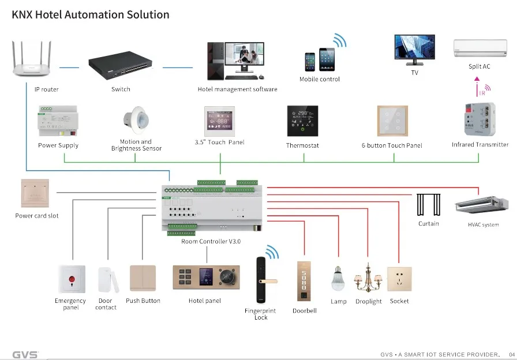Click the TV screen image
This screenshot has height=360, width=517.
pyautogui.click(x=414, y=49)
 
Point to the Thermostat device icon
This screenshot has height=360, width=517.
pyautogui.click(x=303, y=121)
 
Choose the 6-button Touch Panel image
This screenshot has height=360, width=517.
pyautogui.click(x=392, y=121)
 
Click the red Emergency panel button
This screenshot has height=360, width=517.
pyautogui.click(x=71, y=280)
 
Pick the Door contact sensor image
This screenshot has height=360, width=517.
pyautogui.click(x=106, y=280)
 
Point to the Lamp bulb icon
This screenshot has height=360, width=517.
pyautogui.click(x=338, y=280)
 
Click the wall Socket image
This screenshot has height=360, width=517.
pyautogui.click(x=399, y=279)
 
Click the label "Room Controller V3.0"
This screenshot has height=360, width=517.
pyautogui.click(x=211, y=241)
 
